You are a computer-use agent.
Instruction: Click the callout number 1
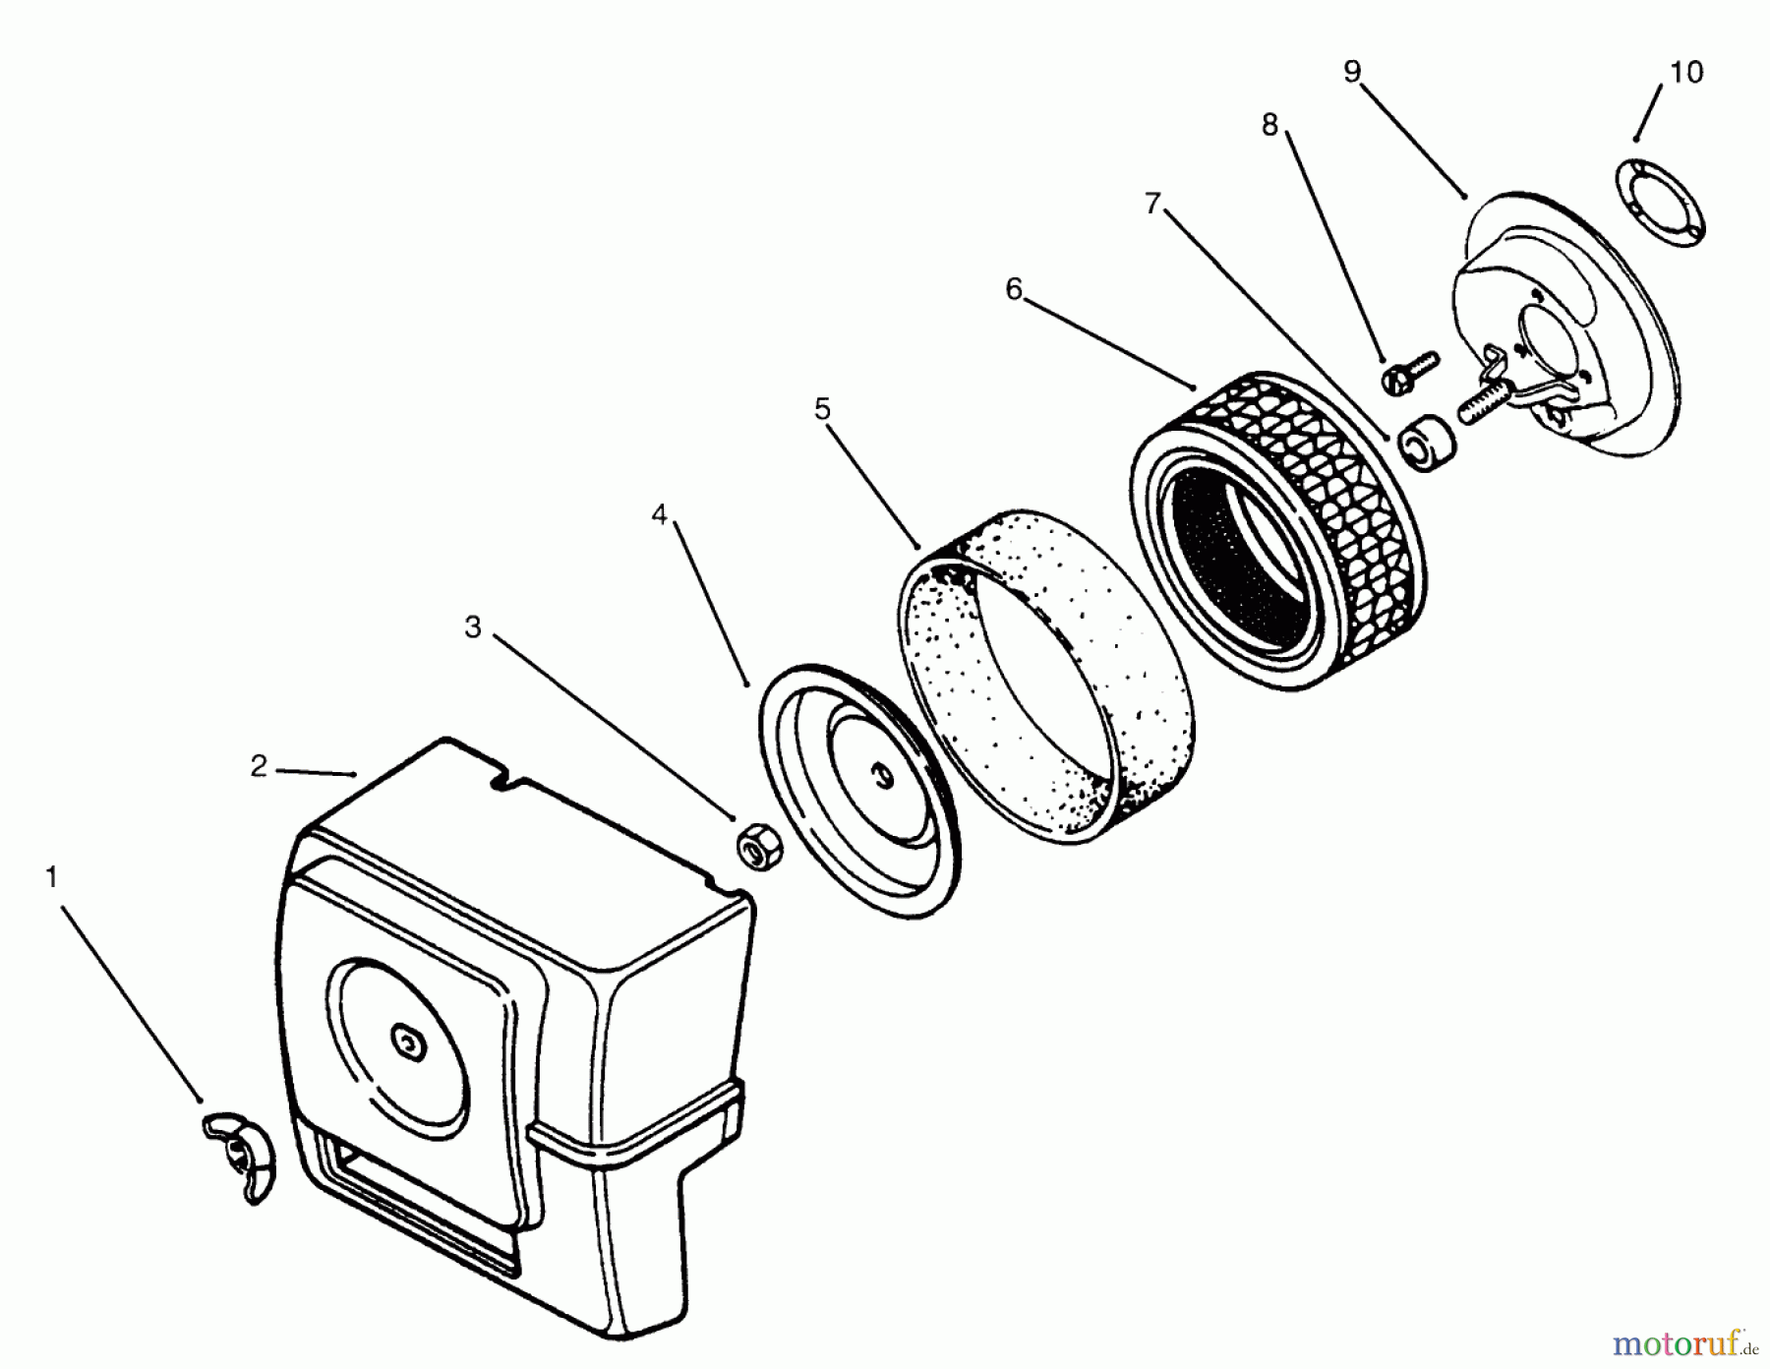click(52, 876)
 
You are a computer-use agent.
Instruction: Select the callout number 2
click(259, 766)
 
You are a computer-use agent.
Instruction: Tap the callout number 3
click(473, 626)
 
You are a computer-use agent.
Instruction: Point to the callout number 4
click(659, 513)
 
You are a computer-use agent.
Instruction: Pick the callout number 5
click(822, 407)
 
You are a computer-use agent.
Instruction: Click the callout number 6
click(1014, 288)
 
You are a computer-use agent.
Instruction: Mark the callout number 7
click(1152, 204)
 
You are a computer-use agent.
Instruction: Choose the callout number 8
click(1269, 125)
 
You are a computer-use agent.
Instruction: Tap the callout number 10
click(1686, 72)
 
